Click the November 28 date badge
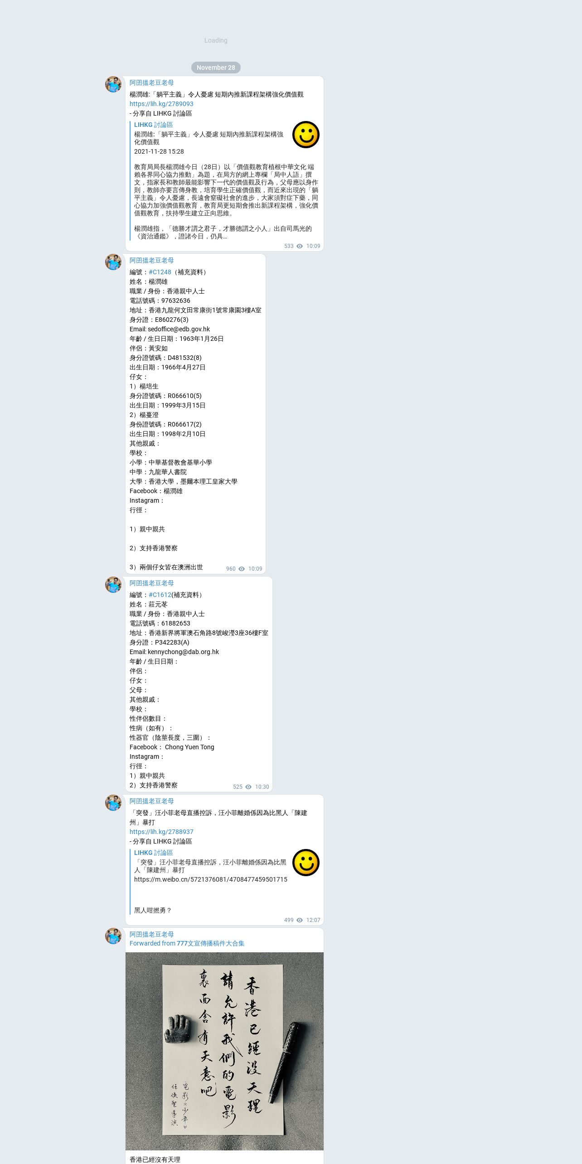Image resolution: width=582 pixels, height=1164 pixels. [x=216, y=68]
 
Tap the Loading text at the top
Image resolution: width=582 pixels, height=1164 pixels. [x=216, y=41]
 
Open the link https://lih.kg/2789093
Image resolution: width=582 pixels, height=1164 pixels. [x=161, y=104]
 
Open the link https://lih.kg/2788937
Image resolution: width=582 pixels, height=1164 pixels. [x=161, y=832]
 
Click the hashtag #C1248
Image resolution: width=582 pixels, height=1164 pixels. [x=160, y=272]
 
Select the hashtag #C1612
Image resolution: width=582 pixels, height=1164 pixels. [x=160, y=595]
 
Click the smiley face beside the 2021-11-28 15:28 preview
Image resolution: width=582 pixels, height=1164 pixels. [x=306, y=135]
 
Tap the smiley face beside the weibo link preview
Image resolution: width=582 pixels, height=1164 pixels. [x=306, y=863]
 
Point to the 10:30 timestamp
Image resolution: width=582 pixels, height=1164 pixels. [x=262, y=787]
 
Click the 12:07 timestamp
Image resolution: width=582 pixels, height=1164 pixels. [x=313, y=920]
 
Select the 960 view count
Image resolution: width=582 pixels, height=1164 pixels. [x=231, y=569]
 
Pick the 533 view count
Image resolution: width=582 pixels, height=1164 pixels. [x=289, y=246]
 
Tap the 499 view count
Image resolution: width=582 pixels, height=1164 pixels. [x=289, y=920]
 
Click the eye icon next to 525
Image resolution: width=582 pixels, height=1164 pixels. [x=248, y=787]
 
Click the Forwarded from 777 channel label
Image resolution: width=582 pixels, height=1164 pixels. [x=187, y=943]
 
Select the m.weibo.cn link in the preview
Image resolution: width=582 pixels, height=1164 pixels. [x=210, y=879]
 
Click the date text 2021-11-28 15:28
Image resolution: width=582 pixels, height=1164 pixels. [x=159, y=151]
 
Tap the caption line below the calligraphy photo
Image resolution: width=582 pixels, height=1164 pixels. [x=155, y=1159]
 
